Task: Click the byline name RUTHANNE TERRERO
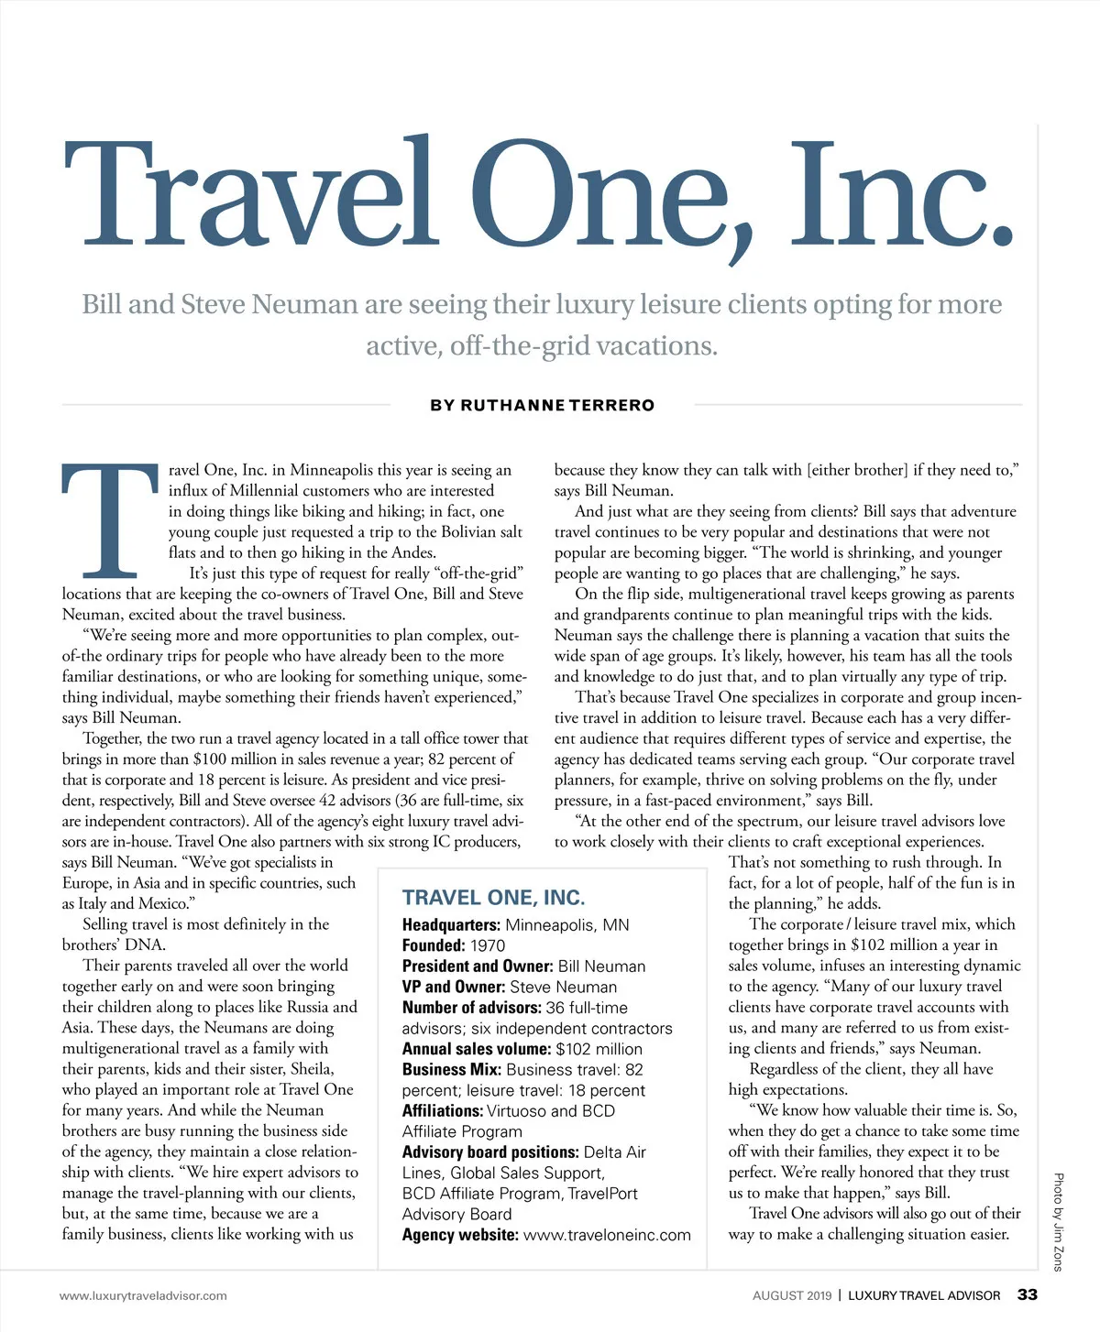click(557, 405)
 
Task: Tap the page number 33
click(1028, 1294)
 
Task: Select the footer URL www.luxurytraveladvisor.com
click(143, 1295)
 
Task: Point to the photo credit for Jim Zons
click(1058, 1222)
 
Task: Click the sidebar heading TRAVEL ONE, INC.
click(493, 898)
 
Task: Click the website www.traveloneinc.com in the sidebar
click(607, 1235)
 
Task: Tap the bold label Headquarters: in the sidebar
click(451, 925)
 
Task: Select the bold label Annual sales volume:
click(477, 1049)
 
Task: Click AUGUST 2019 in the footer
click(792, 1295)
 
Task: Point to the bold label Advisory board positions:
click(490, 1152)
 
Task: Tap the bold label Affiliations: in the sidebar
click(443, 1111)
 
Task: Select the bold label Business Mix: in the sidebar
click(452, 1070)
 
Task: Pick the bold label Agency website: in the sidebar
click(460, 1235)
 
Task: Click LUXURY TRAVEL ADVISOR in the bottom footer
click(924, 1295)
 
